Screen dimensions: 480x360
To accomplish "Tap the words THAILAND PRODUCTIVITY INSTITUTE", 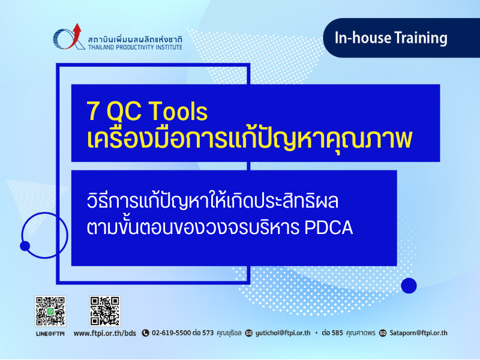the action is point(135,47).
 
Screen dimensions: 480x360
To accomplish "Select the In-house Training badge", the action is point(401,38).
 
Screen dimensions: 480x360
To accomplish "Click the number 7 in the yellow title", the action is point(93,111).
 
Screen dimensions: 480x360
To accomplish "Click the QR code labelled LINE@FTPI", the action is point(50,311).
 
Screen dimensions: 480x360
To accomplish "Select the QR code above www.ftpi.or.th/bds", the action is point(104,311).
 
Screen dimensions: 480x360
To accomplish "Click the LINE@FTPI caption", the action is point(50,334).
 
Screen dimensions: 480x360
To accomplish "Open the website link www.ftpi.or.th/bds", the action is point(104,333).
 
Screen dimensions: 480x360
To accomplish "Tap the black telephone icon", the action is point(145,333).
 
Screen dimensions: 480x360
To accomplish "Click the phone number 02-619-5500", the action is point(172,333).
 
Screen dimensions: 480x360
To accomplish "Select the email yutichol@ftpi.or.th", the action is point(283,333).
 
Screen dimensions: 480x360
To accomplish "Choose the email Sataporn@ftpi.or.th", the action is point(418,333).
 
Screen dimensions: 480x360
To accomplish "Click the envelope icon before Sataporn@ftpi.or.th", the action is point(383,333).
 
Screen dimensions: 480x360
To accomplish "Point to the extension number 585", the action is point(337,333).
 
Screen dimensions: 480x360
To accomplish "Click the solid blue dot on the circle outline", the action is point(25,246).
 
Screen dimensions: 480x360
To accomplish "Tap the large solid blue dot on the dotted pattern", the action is point(409,286).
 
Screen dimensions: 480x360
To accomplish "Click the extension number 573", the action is point(208,333).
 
